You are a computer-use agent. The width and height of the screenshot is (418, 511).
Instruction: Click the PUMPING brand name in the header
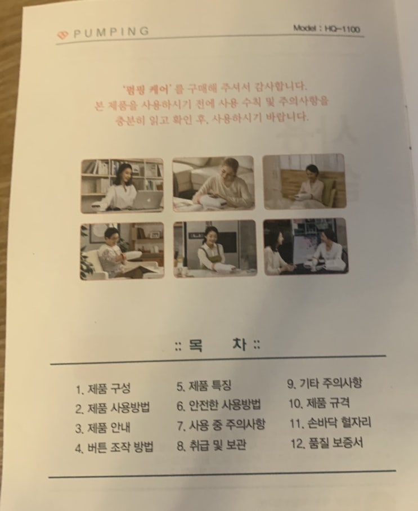(111, 32)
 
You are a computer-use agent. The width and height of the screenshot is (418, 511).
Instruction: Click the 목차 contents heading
(217, 346)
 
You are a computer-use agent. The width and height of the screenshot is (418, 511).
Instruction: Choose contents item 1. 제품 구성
(103, 388)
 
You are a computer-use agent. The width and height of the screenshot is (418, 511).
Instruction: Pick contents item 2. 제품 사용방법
(113, 408)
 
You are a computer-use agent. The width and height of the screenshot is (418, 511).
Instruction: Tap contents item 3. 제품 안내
(102, 428)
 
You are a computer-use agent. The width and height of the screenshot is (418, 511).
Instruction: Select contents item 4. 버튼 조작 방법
(114, 447)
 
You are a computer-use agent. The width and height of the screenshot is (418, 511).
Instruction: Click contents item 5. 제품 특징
(204, 386)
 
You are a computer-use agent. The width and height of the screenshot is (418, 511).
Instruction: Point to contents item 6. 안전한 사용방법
(219, 405)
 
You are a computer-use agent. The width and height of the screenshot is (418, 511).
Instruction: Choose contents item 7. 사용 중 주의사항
(221, 425)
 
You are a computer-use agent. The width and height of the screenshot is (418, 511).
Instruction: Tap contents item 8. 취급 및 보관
(211, 445)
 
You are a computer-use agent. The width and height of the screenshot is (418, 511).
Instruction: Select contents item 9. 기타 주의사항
(325, 383)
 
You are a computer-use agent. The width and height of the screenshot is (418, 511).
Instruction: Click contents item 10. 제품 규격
(320, 403)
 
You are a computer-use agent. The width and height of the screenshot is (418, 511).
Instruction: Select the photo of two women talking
(306, 246)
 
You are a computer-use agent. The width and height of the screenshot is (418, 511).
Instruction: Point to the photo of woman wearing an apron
(215, 249)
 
